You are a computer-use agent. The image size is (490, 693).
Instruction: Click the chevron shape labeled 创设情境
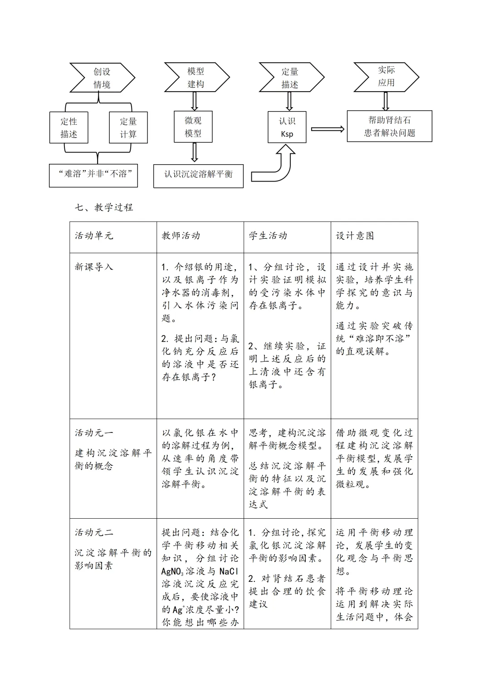click(102, 78)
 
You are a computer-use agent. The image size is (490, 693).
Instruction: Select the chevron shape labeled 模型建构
click(196, 77)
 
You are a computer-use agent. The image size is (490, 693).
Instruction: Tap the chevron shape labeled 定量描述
click(290, 78)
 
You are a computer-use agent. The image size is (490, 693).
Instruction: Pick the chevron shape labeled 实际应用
click(386, 76)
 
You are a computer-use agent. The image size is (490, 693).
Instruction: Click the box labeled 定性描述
click(69, 128)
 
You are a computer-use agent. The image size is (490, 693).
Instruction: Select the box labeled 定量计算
click(128, 128)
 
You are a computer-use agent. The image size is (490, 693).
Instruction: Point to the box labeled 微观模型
click(193, 127)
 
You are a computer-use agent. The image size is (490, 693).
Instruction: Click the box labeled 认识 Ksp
click(287, 127)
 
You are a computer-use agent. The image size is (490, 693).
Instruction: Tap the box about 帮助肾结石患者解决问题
click(389, 126)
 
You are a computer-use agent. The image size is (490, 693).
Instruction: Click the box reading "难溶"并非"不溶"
click(93, 174)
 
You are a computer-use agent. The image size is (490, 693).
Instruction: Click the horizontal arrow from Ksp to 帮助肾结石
click(327, 129)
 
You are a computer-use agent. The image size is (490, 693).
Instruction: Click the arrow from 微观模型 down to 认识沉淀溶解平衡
click(194, 152)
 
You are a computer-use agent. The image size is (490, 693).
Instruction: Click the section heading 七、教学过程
click(104, 207)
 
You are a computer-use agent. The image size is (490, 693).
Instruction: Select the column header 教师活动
click(181, 236)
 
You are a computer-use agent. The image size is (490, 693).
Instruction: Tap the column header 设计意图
click(355, 236)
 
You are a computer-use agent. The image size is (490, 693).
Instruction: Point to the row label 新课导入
click(94, 267)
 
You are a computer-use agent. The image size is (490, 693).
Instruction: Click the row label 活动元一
click(94, 433)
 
